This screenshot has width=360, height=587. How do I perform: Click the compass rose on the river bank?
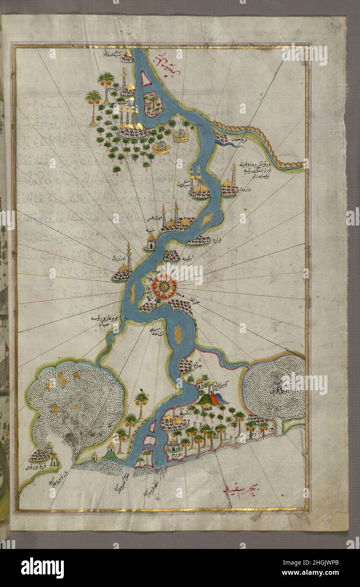(164, 287)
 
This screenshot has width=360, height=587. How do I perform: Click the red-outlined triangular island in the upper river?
(146, 79)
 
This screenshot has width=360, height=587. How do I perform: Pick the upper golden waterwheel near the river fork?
(181, 136)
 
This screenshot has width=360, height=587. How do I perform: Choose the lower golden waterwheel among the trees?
(161, 147)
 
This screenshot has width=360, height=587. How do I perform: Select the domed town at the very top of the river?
(127, 57)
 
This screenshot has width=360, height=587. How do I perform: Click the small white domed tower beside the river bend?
(151, 242)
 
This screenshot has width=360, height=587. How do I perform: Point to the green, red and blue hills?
(213, 399)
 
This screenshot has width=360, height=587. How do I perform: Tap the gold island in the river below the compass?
(179, 334)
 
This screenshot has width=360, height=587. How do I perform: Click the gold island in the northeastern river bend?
(207, 220)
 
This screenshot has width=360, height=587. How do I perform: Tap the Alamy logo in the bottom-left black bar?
(42, 568)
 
